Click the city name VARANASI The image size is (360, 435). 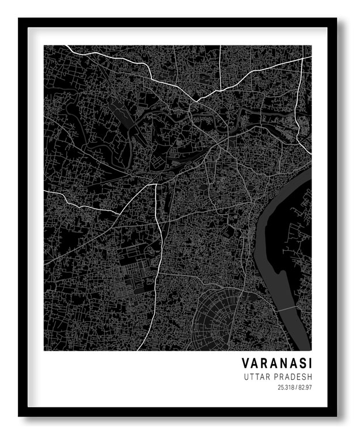(277, 364)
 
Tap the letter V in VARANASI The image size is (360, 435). (245, 364)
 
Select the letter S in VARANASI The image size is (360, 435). (301, 364)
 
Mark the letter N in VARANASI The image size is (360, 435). (282, 364)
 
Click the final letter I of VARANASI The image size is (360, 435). (309, 364)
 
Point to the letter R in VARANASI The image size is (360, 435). (264, 364)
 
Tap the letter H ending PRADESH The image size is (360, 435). (310, 377)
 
